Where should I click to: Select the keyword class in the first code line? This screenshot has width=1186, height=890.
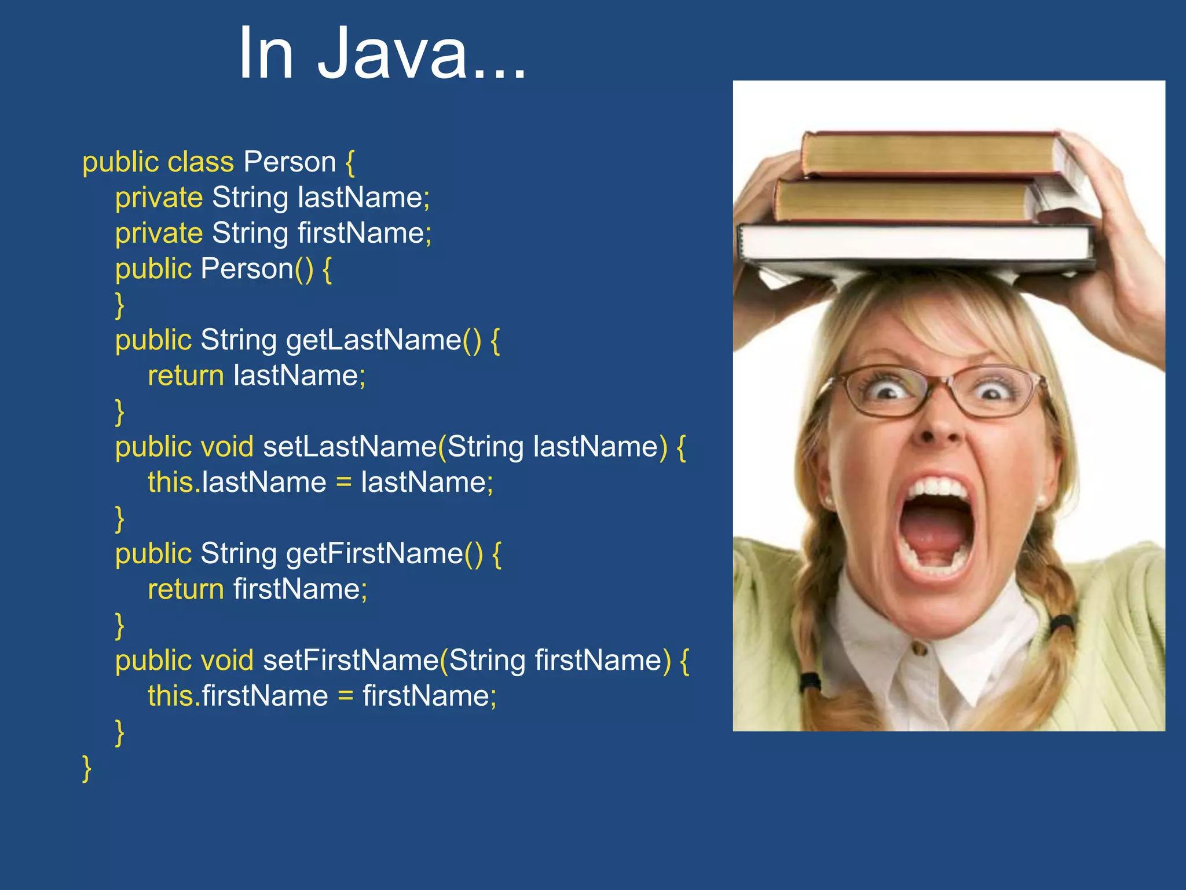click(x=200, y=162)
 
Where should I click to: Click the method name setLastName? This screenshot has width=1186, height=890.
click(x=350, y=447)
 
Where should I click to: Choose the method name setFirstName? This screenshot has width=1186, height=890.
click(x=351, y=661)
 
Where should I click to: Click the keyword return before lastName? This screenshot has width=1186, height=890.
click(x=185, y=375)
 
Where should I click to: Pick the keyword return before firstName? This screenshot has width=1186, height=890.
click(x=185, y=589)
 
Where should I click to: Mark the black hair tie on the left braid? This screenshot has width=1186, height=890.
click(x=810, y=680)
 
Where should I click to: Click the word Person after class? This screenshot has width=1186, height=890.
click(x=290, y=162)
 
